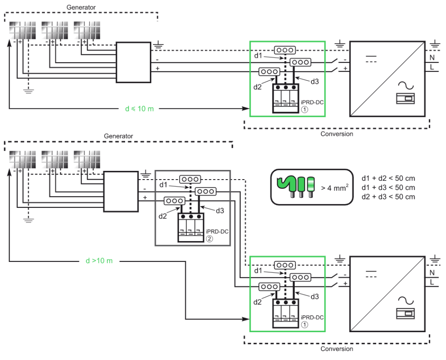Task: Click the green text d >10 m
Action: [99, 261]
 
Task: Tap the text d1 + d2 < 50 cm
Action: [388, 178]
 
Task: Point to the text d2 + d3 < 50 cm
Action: [388, 197]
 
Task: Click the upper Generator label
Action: [81, 7]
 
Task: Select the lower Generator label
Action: [118, 136]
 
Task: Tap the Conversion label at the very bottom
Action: [337, 349]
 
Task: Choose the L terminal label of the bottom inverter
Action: [432, 282]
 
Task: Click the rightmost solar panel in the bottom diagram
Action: [87, 160]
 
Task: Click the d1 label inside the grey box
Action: [163, 185]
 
